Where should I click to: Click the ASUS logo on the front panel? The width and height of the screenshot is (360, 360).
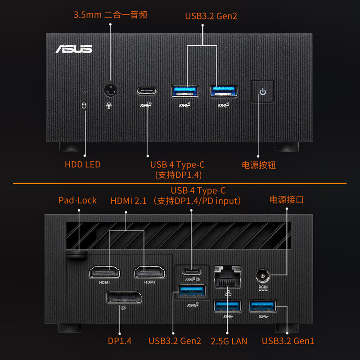coord(74,49)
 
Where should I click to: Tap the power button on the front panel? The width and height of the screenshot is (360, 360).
coord(262,92)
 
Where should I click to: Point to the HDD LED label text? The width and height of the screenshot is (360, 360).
coord(82,165)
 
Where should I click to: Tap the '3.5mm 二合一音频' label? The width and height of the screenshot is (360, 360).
coord(110,15)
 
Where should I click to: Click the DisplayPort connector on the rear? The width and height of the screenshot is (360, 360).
coord(124,298)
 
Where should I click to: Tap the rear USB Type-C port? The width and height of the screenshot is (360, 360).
coord(191,272)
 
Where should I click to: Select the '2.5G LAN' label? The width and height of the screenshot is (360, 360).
coord(229,341)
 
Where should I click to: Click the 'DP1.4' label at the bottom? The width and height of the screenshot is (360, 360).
coord(120,341)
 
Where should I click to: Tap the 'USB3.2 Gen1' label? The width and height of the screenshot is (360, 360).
coord(288,341)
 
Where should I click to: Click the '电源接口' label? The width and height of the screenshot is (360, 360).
coord(287,199)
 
